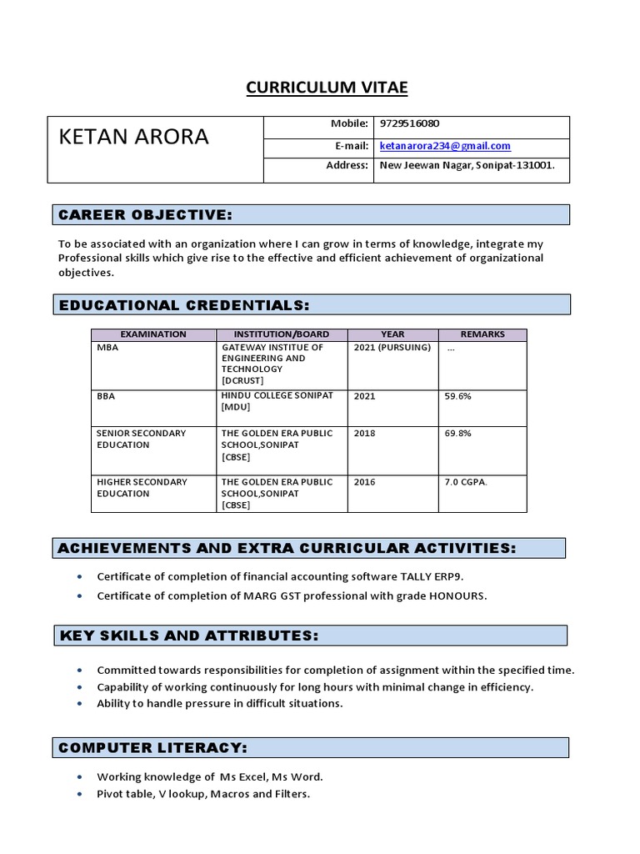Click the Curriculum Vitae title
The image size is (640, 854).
tap(327, 88)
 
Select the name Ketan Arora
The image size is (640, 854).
tap(133, 137)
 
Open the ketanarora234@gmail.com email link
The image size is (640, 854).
tap(445, 145)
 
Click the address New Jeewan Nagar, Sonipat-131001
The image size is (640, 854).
tap(467, 165)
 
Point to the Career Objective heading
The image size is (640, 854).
tap(145, 215)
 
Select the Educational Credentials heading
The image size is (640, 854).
tap(184, 305)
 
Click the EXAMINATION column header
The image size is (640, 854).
tap(153, 334)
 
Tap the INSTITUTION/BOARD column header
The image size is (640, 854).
tap(281, 334)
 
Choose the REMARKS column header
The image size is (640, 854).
tap(482, 334)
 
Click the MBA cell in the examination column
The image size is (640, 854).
tap(108, 347)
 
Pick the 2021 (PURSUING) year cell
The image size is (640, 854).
tap(392, 347)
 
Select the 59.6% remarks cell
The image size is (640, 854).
tap(458, 396)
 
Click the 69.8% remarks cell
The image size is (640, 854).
tap(458, 433)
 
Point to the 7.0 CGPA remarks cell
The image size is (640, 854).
tap(467, 482)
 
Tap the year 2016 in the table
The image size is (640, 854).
tap(365, 482)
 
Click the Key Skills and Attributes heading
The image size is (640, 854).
tap(189, 635)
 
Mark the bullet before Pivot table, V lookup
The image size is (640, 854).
tap(79, 794)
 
